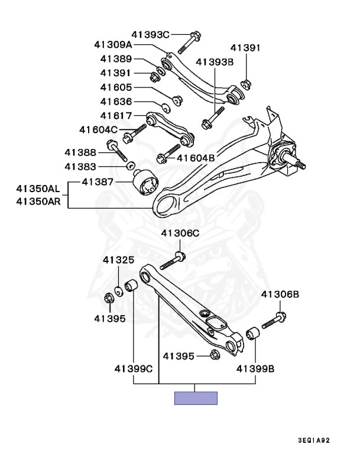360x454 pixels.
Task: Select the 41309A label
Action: (113, 44)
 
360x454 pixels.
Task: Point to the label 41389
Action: (116, 59)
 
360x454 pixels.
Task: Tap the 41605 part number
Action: (116, 87)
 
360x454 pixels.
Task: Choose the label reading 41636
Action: (116, 102)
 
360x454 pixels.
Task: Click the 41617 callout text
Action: (116, 115)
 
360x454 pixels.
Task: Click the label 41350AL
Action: (38, 190)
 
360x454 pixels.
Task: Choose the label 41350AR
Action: (38, 201)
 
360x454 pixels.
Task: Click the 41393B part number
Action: (215, 61)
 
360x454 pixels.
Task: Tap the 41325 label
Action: (118, 260)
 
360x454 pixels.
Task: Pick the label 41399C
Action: (134, 369)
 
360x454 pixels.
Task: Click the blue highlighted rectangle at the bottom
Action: (196, 398)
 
